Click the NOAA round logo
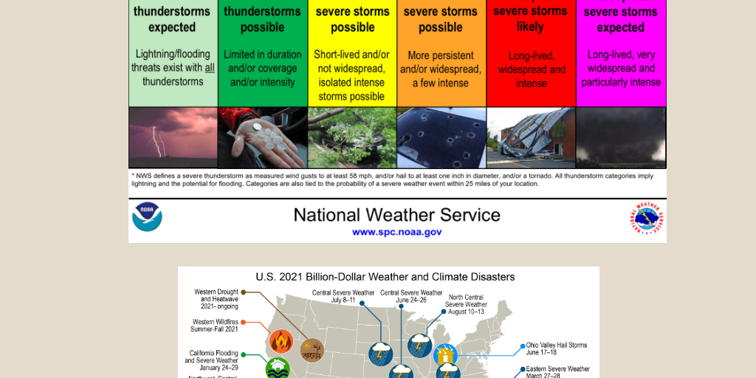pyautogui.click(x=147, y=217)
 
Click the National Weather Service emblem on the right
pyautogui.click(x=647, y=219)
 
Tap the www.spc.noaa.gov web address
pyautogui.click(x=396, y=232)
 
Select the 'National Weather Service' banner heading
pyautogui.click(x=396, y=215)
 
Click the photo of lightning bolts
pyautogui.click(x=173, y=138)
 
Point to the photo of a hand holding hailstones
pyautogui.click(x=262, y=138)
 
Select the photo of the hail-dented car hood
pyautogui.click(x=441, y=138)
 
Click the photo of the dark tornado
pyautogui.click(x=620, y=138)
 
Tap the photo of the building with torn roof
pyautogui.click(x=530, y=138)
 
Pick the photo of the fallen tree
pyautogui.click(x=351, y=138)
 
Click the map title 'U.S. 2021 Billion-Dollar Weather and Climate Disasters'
pyautogui.click(x=385, y=277)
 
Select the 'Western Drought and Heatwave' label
pyautogui.click(x=216, y=299)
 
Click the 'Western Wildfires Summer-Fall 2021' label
pyautogui.click(x=215, y=325)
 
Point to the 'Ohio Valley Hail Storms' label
pyautogui.click(x=556, y=348)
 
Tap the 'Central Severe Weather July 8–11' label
pyautogui.click(x=343, y=296)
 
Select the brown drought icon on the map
pyautogui.click(x=312, y=348)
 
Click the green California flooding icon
pyautogui.click(x=277, y=367)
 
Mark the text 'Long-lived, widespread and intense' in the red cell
pyautogui.click(x=531, y=69)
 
